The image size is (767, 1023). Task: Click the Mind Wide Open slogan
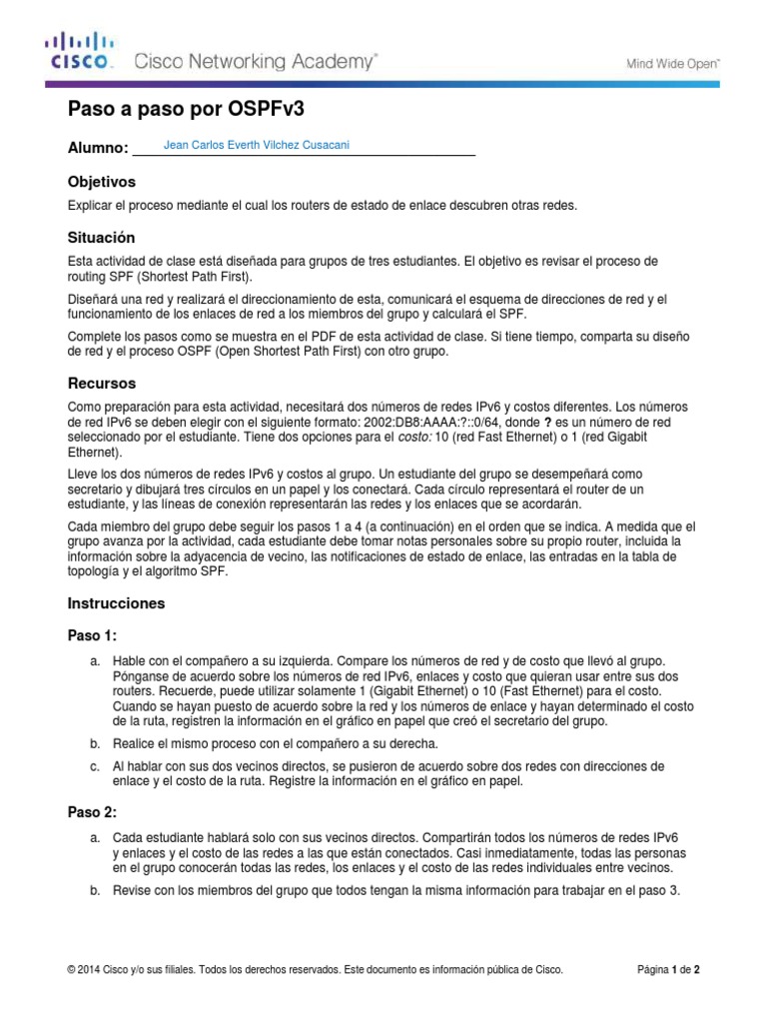[x=672, y=62]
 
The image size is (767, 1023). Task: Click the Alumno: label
[x=97, y=148]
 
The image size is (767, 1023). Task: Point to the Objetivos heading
[x=101, y=182]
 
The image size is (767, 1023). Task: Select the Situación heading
[x=100, y=238]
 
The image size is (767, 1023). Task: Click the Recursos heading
[x=101, y=383]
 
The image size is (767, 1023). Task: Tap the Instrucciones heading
[x=116, y=603]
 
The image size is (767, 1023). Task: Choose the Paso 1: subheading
[x=93, y=635]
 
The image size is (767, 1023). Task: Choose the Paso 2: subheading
[x=93, y=813]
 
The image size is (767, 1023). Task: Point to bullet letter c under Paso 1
[x=94, y=766]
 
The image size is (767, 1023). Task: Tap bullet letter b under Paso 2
[x=94, y=890]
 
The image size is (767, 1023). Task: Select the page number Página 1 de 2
[x=674, y=969]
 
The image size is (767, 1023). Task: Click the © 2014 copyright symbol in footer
[x=71, y=969]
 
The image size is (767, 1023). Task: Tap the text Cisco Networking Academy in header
[x=256, y=62]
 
